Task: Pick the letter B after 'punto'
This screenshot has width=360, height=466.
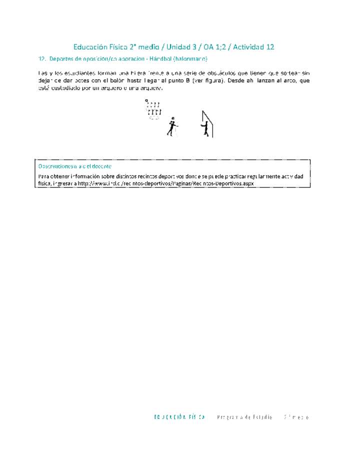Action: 187,80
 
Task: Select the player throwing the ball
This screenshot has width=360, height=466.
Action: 171,126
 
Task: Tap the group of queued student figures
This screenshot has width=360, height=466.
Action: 153,109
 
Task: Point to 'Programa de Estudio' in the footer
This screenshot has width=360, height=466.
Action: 244,417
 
